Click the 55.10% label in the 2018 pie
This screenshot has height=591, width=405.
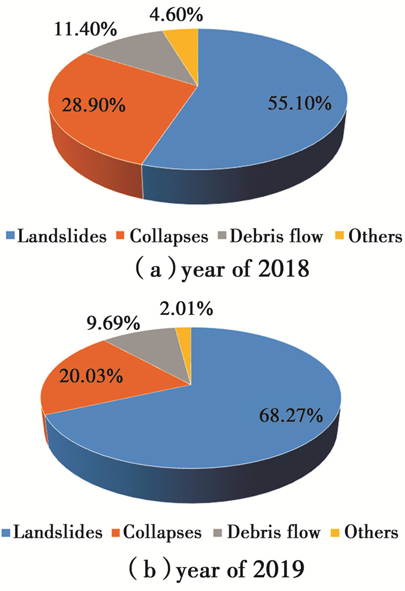(299, 104)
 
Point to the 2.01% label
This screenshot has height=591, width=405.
(182, 310)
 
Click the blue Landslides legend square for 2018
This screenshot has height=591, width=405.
(9, 236)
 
